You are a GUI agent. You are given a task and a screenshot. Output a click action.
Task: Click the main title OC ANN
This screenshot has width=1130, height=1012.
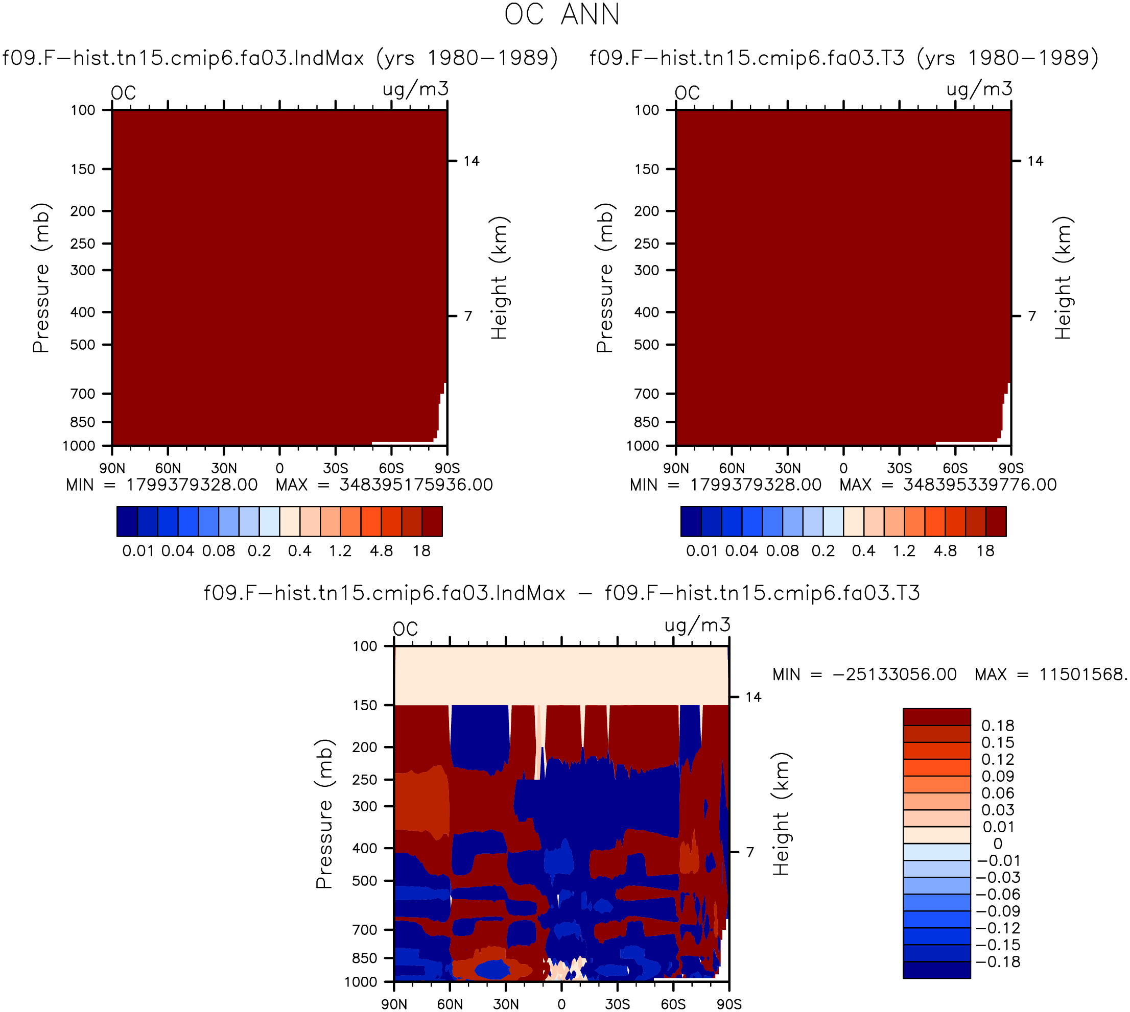pos(562,14)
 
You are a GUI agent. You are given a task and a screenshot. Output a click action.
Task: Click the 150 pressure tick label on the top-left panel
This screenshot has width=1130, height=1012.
pos(83,169)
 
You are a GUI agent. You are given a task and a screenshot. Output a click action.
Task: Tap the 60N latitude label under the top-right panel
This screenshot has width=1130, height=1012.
pos(732,468)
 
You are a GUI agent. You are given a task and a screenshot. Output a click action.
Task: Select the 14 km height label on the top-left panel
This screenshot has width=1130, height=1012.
pos(471,161)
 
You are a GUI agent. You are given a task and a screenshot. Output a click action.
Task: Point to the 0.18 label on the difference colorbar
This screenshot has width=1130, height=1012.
pos(998,726)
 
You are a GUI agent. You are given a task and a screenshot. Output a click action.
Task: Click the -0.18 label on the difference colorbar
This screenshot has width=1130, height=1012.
pos(998,962)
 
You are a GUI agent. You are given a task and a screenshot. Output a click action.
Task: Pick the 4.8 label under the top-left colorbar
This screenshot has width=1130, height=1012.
pos(381,551)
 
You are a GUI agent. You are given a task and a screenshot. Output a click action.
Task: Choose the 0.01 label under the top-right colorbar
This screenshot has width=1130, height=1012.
pos(701,551)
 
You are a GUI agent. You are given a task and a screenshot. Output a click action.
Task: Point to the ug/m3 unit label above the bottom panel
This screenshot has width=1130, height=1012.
pos(697,625)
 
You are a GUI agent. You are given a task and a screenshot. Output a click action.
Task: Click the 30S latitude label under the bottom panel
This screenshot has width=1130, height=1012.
pos(618,1004)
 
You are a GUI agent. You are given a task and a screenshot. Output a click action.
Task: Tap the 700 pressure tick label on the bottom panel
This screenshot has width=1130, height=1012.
pos(365,930)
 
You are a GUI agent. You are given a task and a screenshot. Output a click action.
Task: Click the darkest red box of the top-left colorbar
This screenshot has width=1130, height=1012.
pos(432,521)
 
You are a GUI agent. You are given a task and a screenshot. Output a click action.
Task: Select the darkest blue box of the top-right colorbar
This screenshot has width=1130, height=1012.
pos(691,521)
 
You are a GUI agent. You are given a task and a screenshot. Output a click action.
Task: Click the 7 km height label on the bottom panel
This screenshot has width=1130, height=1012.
pos(750,852)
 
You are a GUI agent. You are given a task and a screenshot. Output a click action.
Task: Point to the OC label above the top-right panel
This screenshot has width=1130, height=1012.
pos(687,93)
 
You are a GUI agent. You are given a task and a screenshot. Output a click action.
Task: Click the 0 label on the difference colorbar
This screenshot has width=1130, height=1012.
pos(998,844)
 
